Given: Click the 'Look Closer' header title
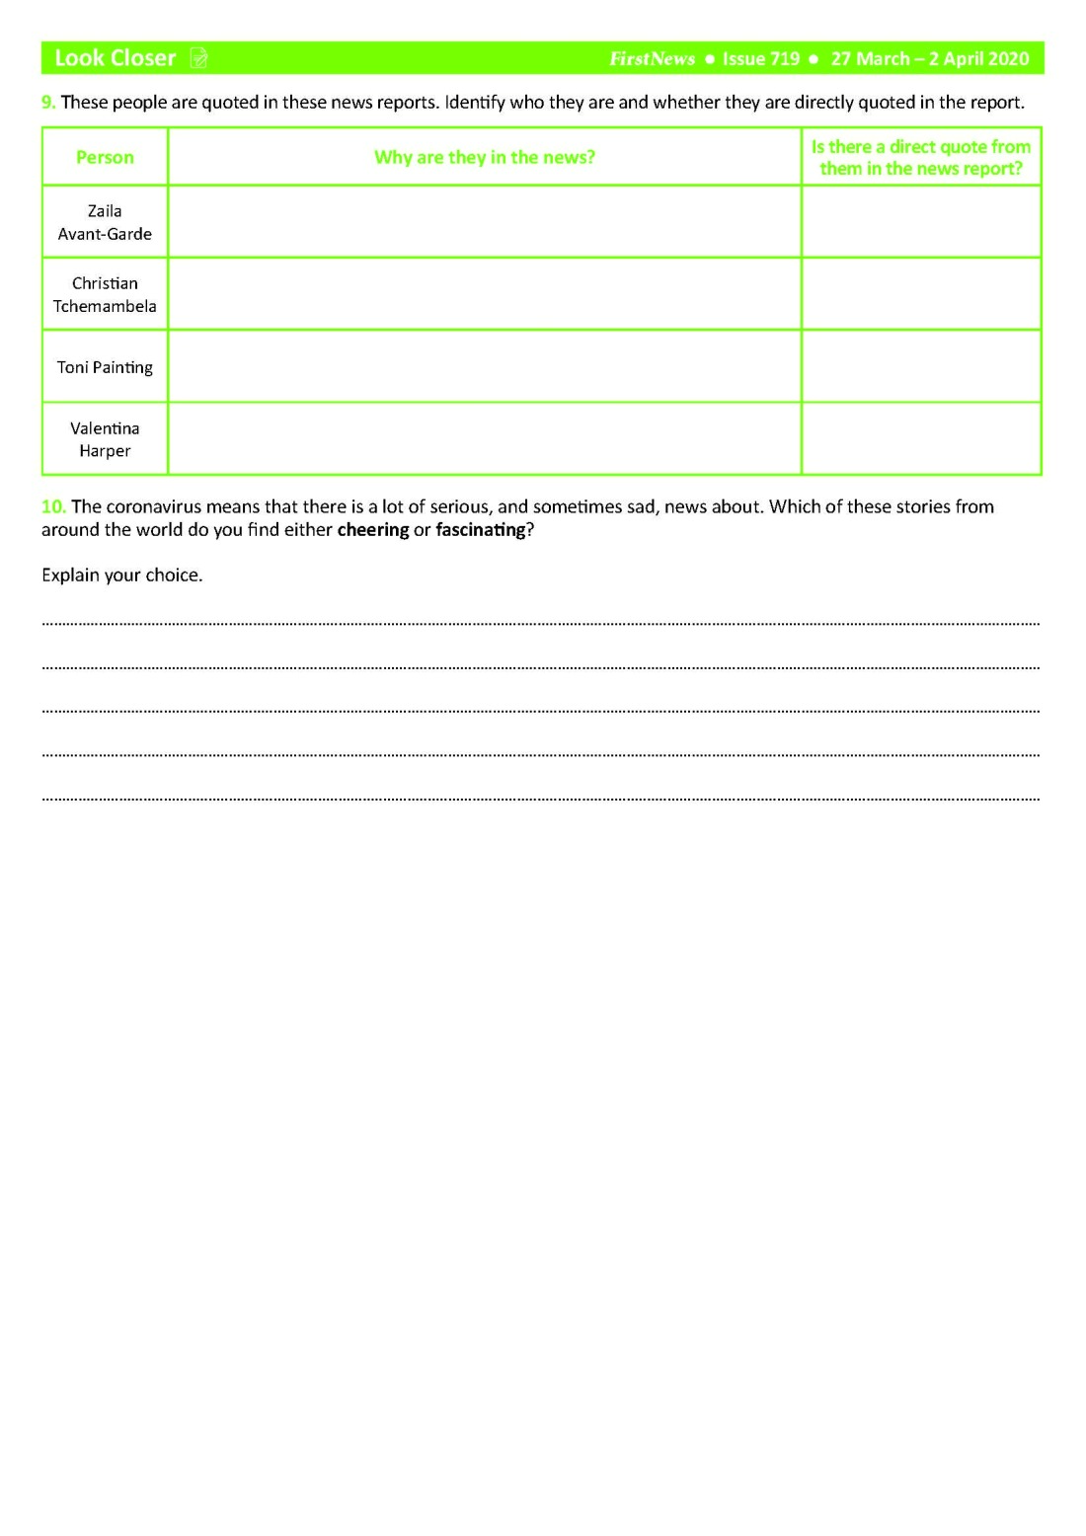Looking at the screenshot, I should pyautogui.click(x=115, y=58).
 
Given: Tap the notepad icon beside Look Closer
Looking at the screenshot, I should pyautogui.click(x=198, y=58).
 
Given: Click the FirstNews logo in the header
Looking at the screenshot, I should pyautogui.click(x=652, y=59).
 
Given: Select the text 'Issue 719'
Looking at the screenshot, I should pyautogui.click(x=760, y=59).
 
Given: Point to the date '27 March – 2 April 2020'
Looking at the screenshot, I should pyautogui.click(x=929, y=59).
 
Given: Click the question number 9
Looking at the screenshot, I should pyautogui.click(x=48, y=102).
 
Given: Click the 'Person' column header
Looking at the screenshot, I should pyautogui.click(x=105, y=157).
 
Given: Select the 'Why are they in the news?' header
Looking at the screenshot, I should pyautogui.click(x=484, y=157).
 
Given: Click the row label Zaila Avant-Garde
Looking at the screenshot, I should pyautogui.click(x=105, y=222).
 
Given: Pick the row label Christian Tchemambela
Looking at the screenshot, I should pyautogui.click(x=105, y=294).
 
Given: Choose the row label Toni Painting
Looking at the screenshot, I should pyautogui.click(x=105, y=367).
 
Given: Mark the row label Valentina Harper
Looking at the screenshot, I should pyautogui.click(x=105, y=439).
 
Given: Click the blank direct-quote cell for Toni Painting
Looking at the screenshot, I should pyautogui.click(x=920, y=366).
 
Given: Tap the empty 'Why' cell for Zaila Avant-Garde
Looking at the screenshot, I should pyautogui.click(x=484, y=222).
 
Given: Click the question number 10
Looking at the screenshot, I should pyautogui.click(x=53, y=506).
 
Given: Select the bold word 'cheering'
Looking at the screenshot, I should pyautogui.click(x=372, y=530).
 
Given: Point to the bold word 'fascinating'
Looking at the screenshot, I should pyautogui.click(x=480, y=530).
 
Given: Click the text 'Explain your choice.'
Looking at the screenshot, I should pyautogui.click(x=121, y=575).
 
